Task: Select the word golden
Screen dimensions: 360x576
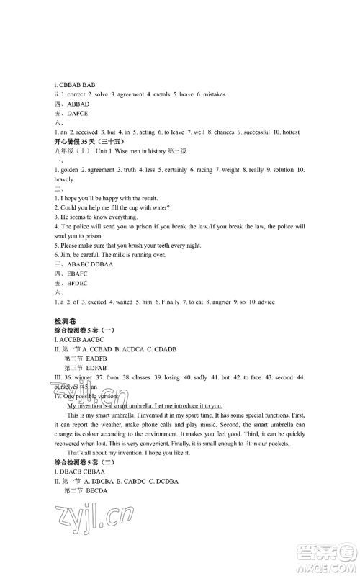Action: click(x=71, y=170)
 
